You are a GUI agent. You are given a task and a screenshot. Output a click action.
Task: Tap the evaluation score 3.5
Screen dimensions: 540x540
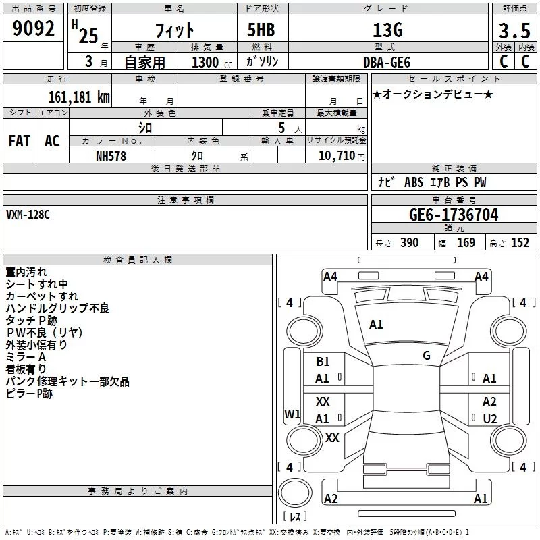513,31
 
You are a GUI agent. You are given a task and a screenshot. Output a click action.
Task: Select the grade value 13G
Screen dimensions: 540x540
387,30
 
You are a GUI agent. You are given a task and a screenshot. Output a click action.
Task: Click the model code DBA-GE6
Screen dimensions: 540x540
387,61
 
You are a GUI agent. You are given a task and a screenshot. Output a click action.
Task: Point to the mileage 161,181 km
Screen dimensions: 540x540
79,97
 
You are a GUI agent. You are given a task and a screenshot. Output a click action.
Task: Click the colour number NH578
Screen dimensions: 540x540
111,155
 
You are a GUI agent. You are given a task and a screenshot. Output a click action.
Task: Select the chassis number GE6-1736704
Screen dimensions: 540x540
454,215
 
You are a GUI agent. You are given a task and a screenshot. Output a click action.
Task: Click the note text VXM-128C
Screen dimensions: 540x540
28,215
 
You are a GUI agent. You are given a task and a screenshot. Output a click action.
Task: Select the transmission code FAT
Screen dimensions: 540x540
20,141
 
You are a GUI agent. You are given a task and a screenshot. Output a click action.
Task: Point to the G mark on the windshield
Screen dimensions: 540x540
426,356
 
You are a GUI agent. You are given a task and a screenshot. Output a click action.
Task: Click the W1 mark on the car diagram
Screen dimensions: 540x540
292,414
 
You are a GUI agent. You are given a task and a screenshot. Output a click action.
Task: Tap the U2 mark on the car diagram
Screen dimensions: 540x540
489,418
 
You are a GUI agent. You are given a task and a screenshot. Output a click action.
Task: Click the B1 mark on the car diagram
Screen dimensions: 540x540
323,362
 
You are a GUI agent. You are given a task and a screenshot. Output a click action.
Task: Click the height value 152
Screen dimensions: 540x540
520,243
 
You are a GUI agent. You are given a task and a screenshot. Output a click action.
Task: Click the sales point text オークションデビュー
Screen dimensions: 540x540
432,94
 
